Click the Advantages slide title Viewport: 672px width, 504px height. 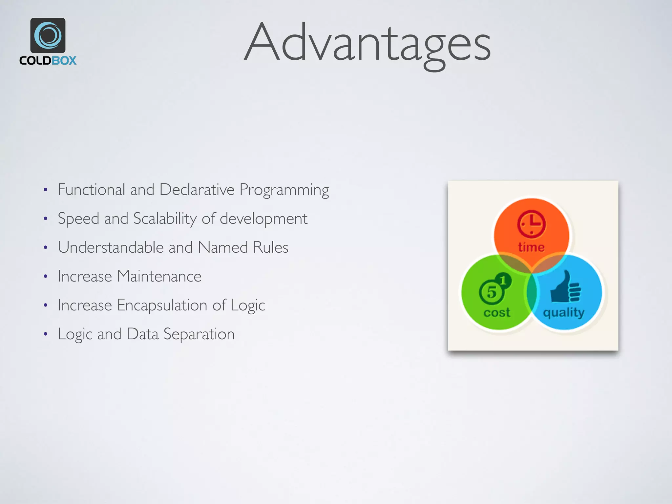pos(367,43)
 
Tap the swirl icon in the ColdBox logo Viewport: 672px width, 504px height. pos(48,35)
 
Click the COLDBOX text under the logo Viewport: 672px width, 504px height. pos(48,61)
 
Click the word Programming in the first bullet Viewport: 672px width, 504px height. pos(284,190)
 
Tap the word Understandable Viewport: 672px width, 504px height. pos(111,247)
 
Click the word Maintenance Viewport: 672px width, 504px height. pos(159,276)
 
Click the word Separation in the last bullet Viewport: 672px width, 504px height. pos(199,334)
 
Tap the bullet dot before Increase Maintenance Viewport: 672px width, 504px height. pos(46,277)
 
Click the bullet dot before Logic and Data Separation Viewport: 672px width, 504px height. pos(46,334)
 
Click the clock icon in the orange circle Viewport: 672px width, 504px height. pos(531,224)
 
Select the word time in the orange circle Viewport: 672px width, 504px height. pos(531,247)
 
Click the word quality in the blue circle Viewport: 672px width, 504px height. pos(564,312)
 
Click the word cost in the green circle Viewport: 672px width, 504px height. pos(497,312)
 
